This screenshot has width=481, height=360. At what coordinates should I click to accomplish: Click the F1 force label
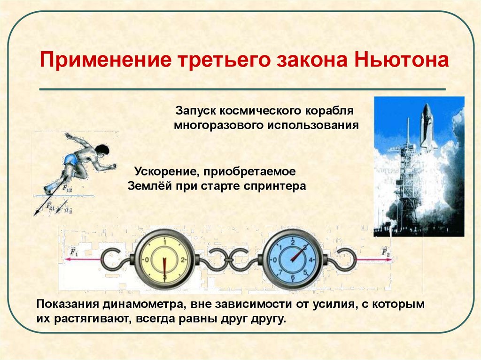pos(73,252)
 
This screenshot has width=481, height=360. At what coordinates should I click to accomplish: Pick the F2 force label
pos(385,252)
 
